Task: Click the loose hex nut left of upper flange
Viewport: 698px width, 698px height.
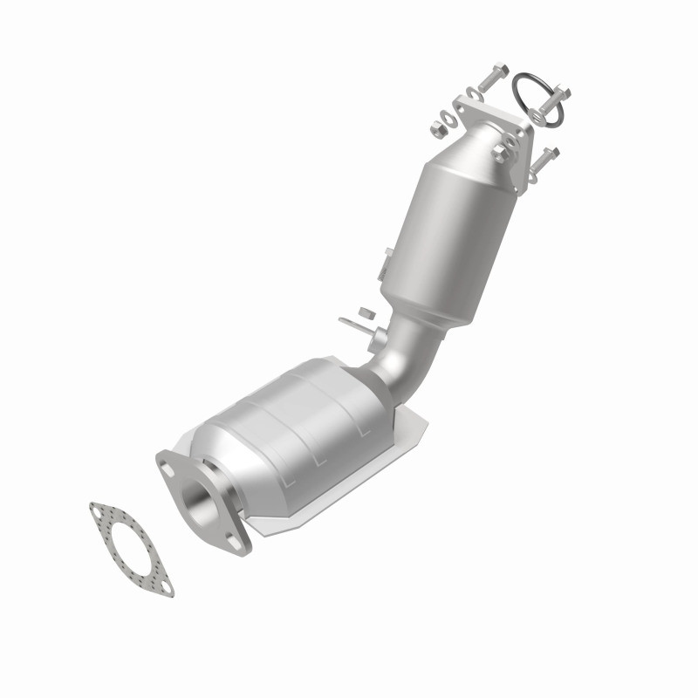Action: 439,128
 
